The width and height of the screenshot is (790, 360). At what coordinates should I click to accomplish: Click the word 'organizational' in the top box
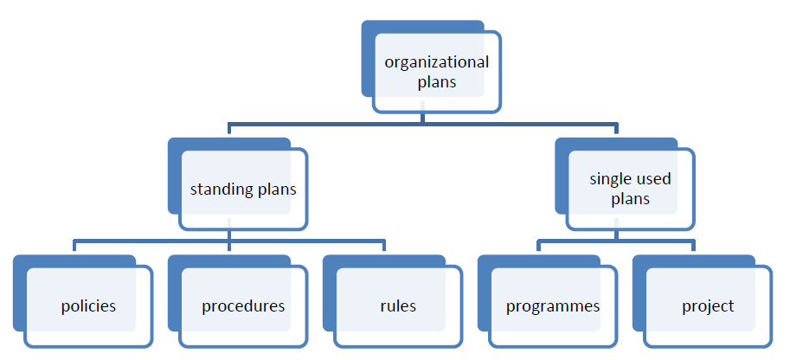(x=437, y=62)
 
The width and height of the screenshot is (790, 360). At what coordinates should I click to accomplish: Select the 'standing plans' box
(x=243, y=190)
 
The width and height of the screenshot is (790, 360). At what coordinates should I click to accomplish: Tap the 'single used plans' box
(x=630, y=190)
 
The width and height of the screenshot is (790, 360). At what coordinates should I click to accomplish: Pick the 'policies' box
(x=88, y=306)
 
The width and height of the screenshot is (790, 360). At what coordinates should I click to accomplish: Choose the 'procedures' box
(x=243, y=306)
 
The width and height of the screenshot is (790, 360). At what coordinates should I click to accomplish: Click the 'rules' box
(x=398, y=306)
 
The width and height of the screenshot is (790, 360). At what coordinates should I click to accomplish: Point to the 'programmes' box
(x=553, y=306)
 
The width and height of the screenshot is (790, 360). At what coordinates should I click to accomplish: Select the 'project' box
(x=708, y=306)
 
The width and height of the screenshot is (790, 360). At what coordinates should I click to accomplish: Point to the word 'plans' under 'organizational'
(x=437, y=84)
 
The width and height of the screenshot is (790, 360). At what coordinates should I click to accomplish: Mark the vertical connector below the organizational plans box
(x=422, y=119)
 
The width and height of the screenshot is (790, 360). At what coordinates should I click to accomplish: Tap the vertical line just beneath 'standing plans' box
(x=228, y=235)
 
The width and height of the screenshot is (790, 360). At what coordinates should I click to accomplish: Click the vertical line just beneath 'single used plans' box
(x=615, y=235)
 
